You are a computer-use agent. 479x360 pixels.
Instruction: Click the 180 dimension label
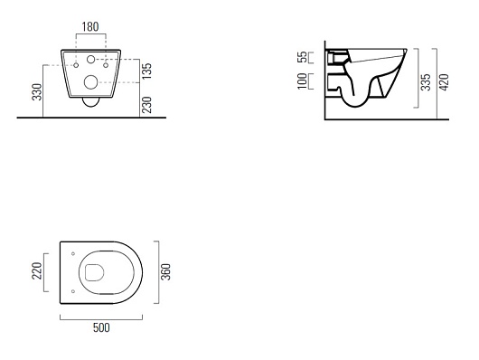point(90,27)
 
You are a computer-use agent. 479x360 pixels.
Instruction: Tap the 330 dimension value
point(37,91)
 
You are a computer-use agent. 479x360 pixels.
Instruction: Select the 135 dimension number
point(146,71)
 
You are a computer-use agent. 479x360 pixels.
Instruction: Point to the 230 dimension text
point(146,105)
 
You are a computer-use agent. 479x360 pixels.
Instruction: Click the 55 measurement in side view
point(303,57)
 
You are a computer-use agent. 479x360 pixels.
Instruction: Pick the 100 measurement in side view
point(303,81)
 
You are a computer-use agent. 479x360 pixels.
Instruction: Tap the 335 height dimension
point(426,82)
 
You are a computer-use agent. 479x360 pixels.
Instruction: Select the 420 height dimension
point(444,82)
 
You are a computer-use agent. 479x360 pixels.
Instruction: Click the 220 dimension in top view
point(37,270)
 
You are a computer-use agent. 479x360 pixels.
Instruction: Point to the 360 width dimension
point(165,271)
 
